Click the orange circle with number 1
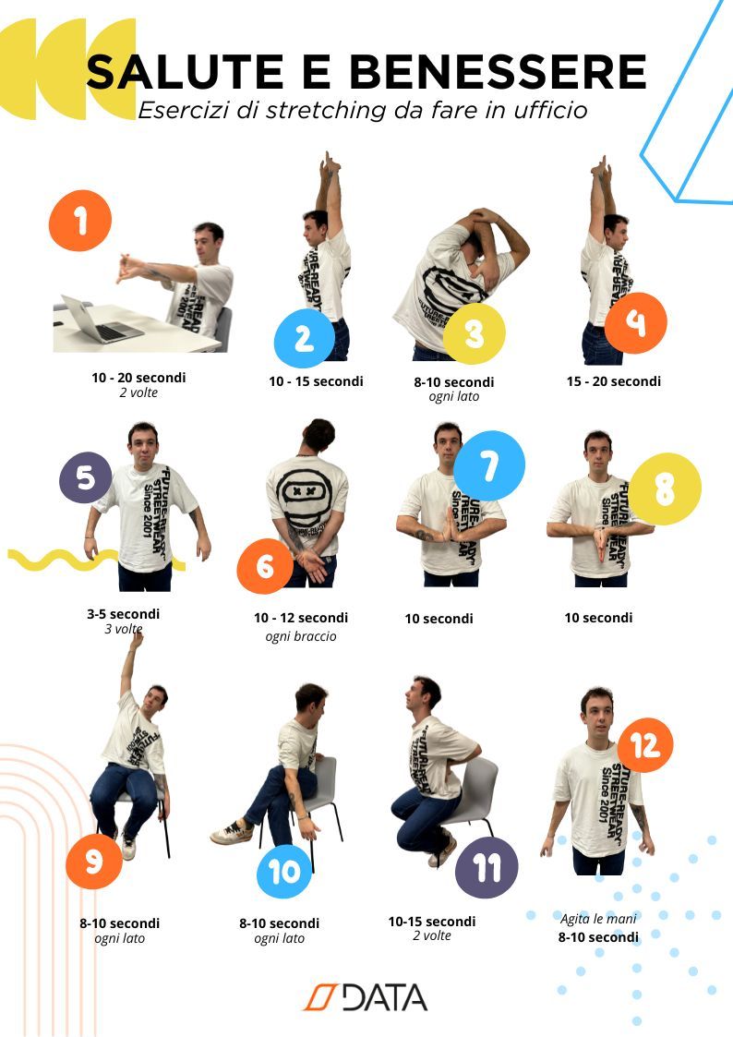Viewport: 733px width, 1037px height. click(80, 220)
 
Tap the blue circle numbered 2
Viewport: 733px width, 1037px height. click(305, 338)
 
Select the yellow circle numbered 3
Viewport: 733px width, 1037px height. click(474, 333)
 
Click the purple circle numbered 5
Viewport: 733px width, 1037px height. click(85, 477)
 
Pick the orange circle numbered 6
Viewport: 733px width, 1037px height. click(265, 566)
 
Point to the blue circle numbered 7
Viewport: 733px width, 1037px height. click(489, 465)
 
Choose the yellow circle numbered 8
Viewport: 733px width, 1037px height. click(665, 488)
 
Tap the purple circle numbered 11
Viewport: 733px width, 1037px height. click(487, 867)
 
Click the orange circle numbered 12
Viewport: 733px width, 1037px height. click(645, 745)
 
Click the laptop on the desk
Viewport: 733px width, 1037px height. click(101, 320)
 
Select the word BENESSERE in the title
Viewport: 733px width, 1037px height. click(498, 71)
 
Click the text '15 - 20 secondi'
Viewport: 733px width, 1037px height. click(613, 381)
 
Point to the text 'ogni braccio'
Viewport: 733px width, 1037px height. click(301, 636)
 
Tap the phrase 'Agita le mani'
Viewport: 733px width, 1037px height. click(598, 919)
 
